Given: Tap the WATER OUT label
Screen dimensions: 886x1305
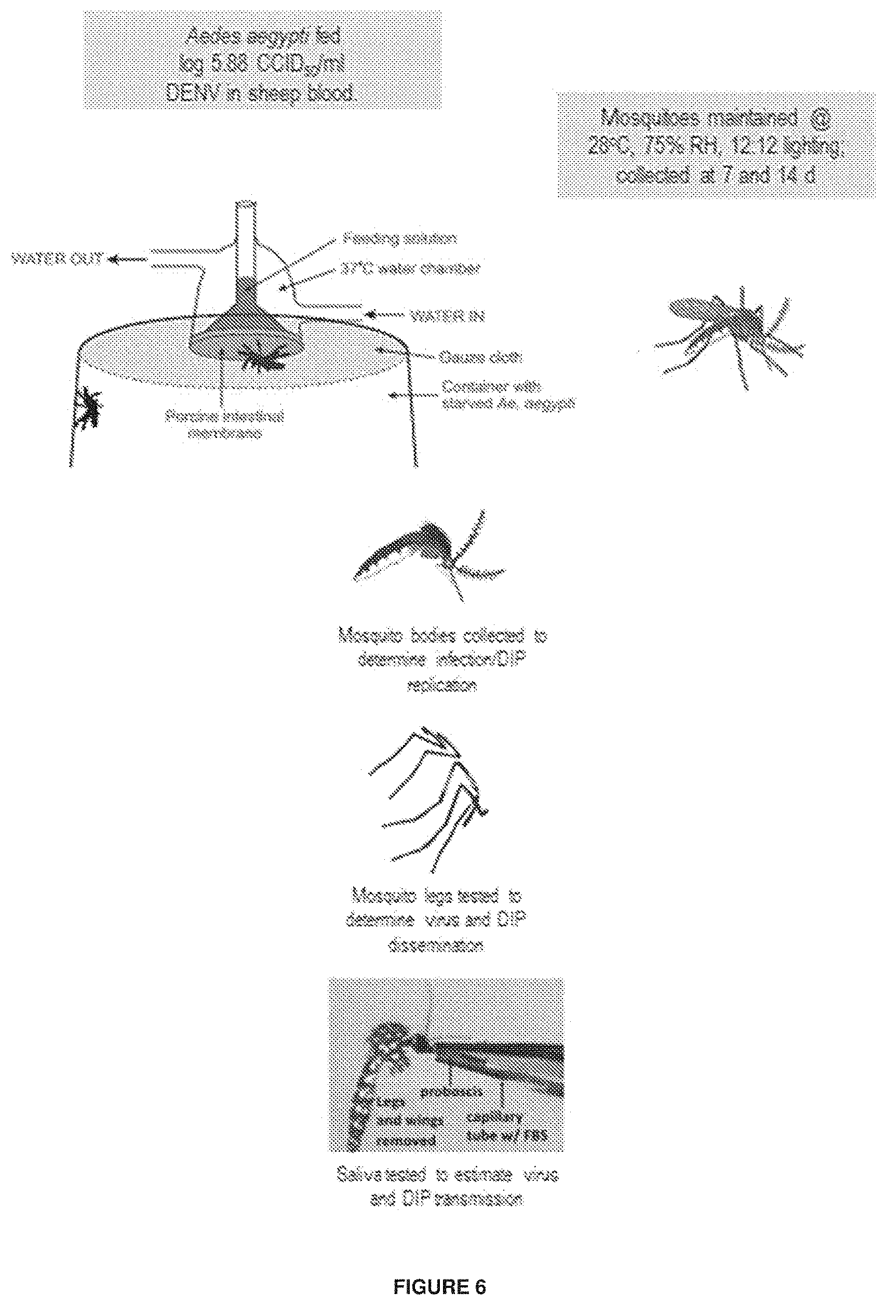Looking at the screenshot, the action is click(x=58, y=259).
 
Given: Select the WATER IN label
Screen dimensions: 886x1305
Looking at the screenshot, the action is click(x=448, y=316).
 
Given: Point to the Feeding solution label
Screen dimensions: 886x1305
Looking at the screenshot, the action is click(x=399, y=238).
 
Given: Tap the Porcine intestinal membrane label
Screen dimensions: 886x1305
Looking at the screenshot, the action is click(x=224, y=424).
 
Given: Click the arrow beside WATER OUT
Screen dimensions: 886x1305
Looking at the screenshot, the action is click(x=127, y=259).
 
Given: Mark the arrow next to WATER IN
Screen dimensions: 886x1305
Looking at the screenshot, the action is click(x=384, y=313).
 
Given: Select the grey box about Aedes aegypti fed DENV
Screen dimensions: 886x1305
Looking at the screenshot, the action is click(x=262, y=60).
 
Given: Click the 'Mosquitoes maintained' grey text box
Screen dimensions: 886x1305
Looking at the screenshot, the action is click(x=716, y=145).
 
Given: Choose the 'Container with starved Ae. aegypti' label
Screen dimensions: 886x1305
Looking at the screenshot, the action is click(x=507, y=395).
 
